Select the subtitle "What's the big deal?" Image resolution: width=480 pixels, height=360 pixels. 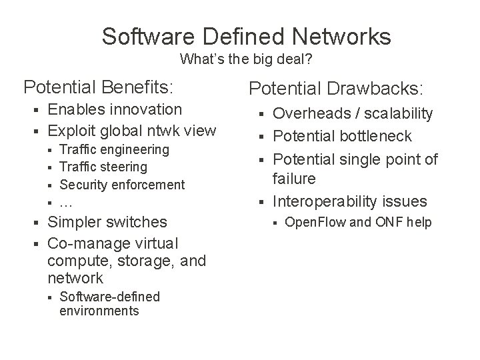point(247,59)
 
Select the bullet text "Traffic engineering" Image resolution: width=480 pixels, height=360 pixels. point(114,150)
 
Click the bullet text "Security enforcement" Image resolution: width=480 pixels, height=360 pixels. point(122,185)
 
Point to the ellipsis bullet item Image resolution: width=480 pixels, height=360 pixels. point(65,202)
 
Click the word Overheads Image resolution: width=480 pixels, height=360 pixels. point(309,114)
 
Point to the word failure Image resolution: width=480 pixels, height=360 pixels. point(295,179)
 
